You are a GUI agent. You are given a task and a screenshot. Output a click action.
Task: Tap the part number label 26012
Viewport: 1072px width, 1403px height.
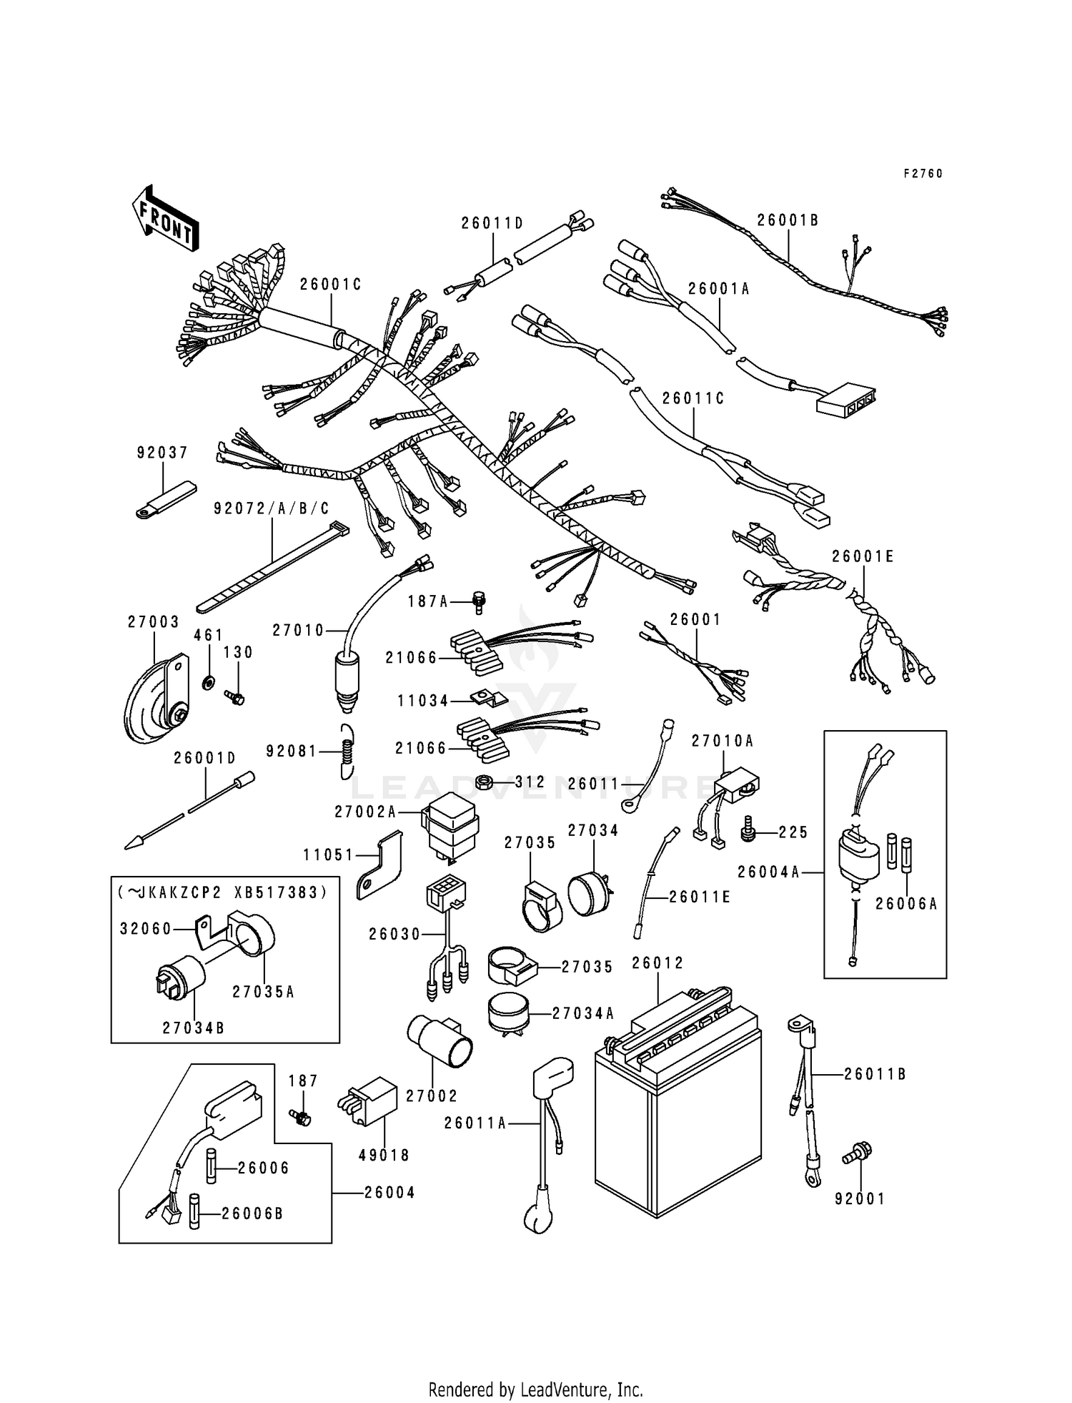pos(657,963)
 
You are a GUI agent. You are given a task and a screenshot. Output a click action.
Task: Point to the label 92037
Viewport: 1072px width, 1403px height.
pos(162,453)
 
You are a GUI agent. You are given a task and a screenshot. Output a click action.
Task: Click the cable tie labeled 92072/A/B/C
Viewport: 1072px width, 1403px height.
pos(272,566)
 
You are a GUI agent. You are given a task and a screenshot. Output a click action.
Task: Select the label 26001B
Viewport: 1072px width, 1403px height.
pos(788,220)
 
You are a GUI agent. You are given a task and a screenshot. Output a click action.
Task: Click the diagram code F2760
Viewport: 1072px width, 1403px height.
pos(923,174)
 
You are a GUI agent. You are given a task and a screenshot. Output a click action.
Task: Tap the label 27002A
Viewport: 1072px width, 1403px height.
pos(364,812)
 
